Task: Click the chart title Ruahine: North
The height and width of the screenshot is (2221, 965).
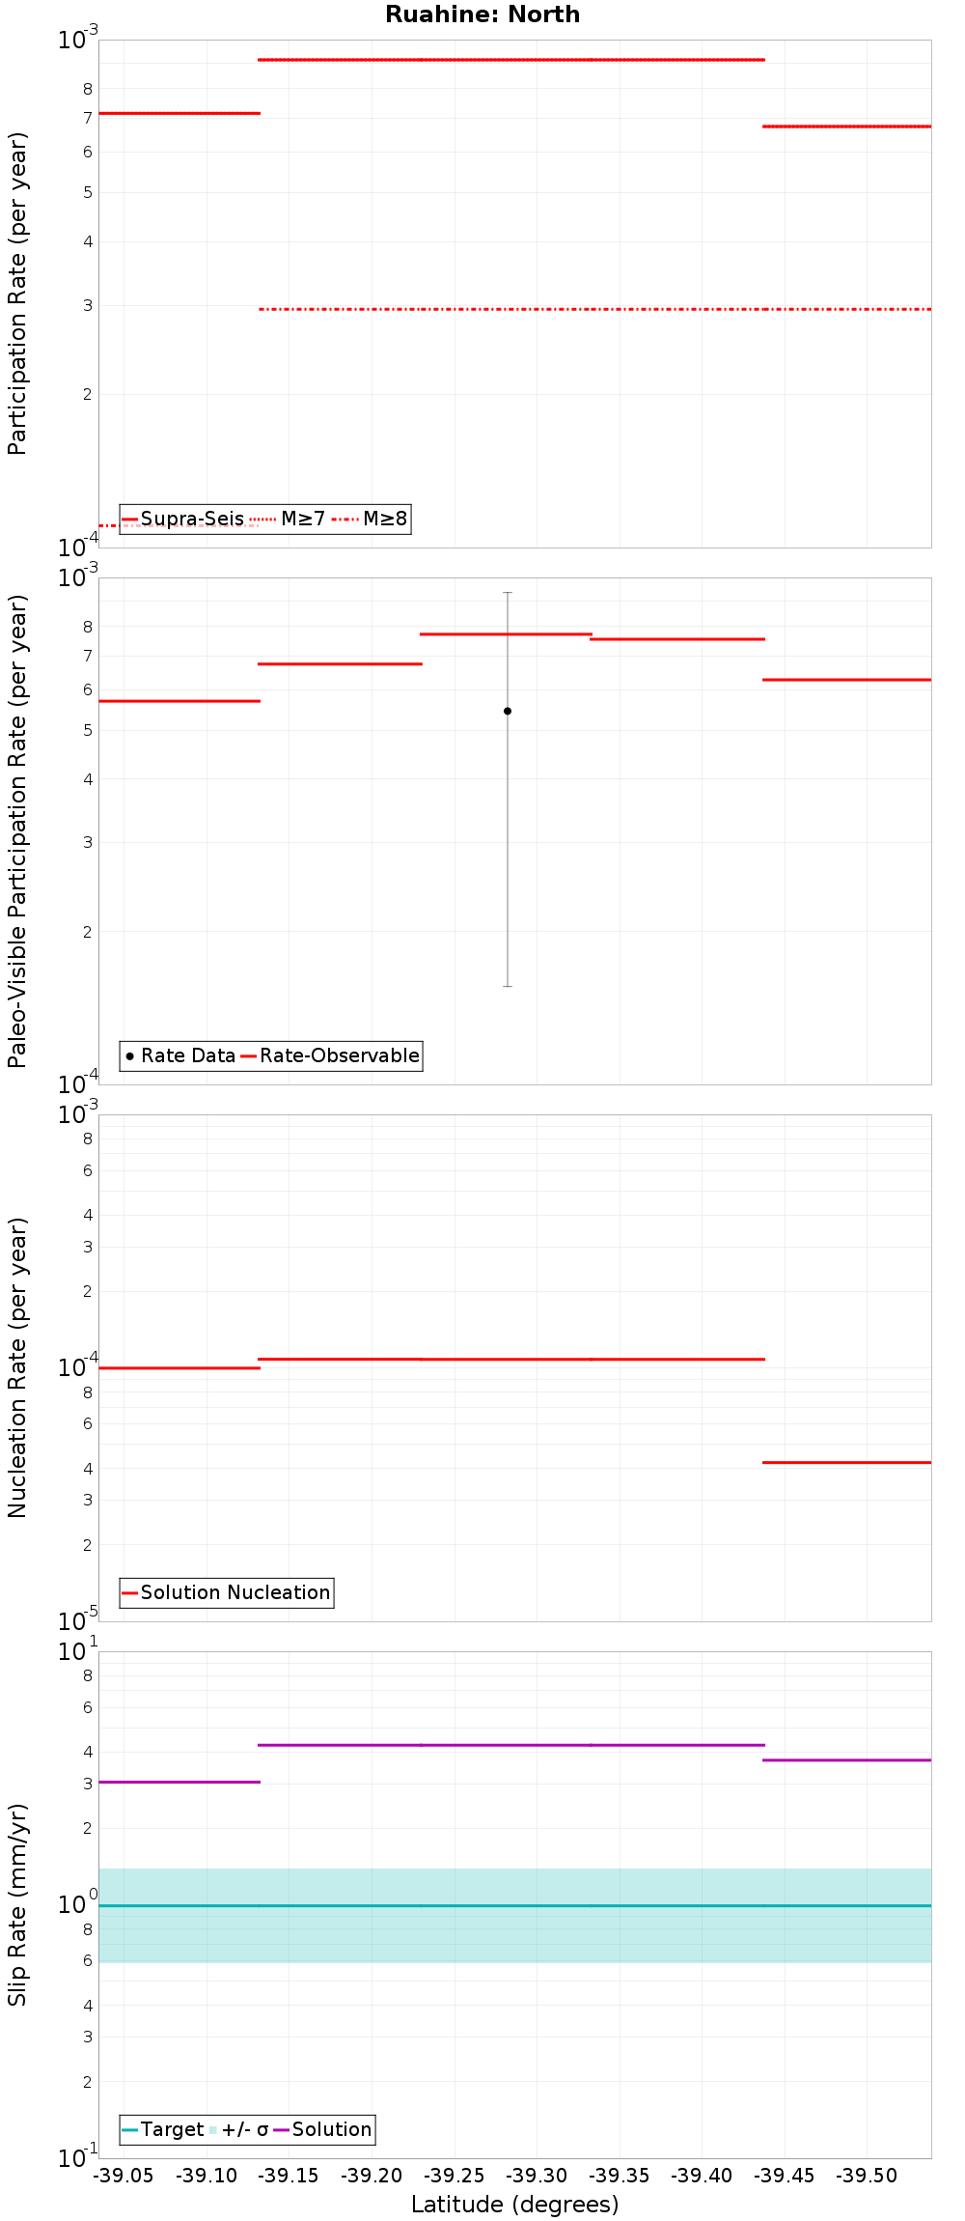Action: tap(482, 14)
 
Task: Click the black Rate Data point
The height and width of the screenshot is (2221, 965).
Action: tap(508, 711)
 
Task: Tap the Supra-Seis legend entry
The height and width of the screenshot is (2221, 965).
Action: tap(183, 520)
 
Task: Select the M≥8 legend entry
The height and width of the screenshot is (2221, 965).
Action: tap(372, 520)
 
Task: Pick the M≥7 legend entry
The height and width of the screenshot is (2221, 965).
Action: tap(289, 520)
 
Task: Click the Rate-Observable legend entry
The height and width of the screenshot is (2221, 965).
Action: tap(330, 1055)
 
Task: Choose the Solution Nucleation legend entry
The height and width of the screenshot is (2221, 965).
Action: tap(227, 1592)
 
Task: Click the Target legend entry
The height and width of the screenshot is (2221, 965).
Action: tap(163, 2129)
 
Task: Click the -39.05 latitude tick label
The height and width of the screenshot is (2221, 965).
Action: tap(124, 2176)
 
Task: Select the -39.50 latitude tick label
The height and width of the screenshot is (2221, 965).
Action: tap(867, 2176)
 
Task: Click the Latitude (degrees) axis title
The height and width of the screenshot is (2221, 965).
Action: tap(514, 2205)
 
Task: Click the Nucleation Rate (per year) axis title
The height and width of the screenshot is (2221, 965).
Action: tap(17, 1367)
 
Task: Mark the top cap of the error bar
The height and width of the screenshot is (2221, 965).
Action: tap(508, 592)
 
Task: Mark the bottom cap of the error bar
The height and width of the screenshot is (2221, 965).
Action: tap(508, 986)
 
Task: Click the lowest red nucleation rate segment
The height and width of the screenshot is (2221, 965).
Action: tap(846, 1462)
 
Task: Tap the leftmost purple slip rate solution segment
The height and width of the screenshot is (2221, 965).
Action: tap(179, 1782)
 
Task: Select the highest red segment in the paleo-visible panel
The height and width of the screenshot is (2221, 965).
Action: tap(506, 634)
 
